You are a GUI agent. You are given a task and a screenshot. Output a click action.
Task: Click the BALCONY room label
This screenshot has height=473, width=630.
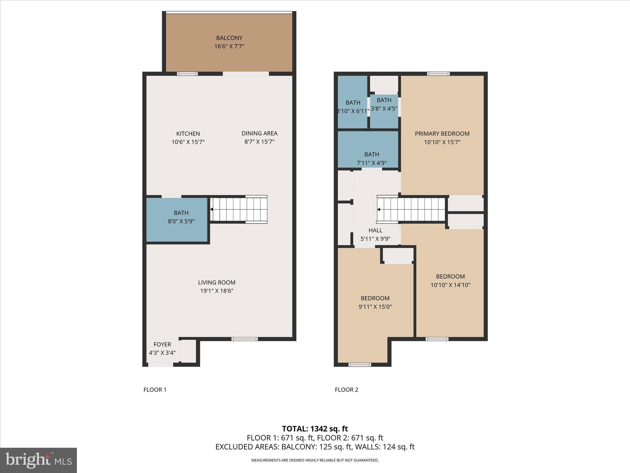click(229, 38)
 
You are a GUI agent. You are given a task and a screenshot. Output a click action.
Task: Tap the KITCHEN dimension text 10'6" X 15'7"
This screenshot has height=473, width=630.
click(188, 142)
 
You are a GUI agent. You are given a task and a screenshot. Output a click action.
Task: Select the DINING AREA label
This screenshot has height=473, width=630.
click(259, 133)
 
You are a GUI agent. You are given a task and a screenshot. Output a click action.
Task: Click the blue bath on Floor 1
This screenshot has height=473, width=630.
click(177, 220)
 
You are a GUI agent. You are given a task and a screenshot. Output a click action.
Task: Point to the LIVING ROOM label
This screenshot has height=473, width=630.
click(217, 282)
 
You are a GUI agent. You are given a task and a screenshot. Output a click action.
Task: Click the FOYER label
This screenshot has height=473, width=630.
click(162, 344)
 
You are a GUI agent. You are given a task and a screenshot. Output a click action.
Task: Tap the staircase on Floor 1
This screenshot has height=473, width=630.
click(239, 209)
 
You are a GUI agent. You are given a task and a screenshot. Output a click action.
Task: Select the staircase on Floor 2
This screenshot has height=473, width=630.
click(411, 209)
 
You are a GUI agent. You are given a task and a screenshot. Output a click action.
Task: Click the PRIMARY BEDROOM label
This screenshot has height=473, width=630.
click(442, 134)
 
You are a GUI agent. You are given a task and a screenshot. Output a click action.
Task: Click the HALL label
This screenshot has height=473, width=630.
click(375, 230)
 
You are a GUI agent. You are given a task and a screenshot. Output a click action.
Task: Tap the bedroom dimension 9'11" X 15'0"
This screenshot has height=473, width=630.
click(375, 307)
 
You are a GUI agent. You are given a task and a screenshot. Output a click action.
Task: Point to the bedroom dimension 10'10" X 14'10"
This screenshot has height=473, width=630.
click(450, 285)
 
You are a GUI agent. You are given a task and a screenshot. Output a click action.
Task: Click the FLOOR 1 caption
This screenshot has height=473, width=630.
click(155, 390)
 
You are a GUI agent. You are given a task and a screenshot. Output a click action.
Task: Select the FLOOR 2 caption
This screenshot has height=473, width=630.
click(346, 390)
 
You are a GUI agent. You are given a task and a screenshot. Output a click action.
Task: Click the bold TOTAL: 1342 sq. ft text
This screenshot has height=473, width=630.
click(315, 429)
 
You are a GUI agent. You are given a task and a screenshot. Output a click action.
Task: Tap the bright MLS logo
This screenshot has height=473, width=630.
click(38, 460)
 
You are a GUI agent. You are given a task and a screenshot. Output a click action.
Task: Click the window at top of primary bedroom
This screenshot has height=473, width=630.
click(438, 74)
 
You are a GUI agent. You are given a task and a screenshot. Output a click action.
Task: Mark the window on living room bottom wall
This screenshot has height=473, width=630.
click(245, 339)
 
